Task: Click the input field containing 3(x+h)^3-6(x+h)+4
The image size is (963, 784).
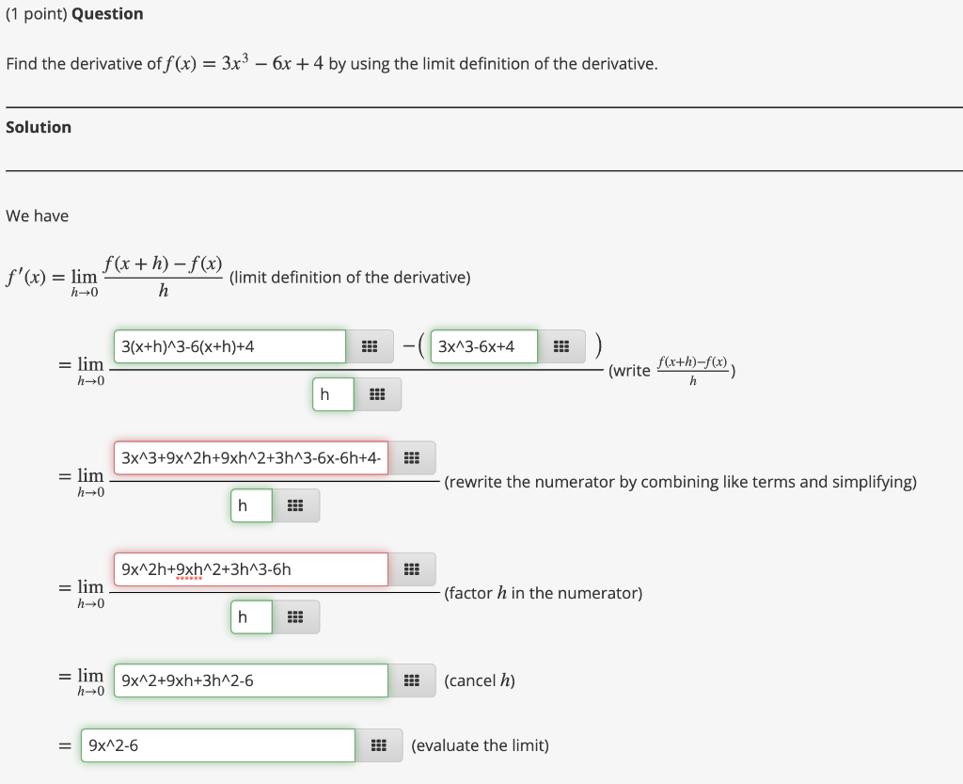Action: pyautogui.click(x=229, y=346)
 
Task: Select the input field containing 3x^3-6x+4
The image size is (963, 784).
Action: pyautogui.click(x=483, y=346)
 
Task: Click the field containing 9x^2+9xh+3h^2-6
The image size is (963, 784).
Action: pyautogui.click(x=250, y=680)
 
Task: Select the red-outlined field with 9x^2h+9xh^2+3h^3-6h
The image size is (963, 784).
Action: pyautogui.click(x=250, y=569)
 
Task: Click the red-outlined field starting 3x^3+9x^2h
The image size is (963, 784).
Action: pyautogui.click(x=250, y=458)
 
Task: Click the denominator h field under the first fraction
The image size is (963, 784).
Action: pyautogui.click(x=333, y=394)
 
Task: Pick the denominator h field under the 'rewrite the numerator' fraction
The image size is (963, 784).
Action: pyautogui.click(x=251, y=505)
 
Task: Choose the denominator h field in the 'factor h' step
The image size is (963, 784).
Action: pyautogui.click(x=251, y=616)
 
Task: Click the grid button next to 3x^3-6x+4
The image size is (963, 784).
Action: pyautogui.click(x=561, y=346)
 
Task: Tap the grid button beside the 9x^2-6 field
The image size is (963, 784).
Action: pyautogui.click(x=379, y=745)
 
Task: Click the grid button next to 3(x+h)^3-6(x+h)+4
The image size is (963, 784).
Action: pyautogui.click(x=370, y=346)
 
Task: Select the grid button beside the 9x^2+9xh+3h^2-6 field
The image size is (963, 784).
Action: pyautogui.click(x=411, y=680)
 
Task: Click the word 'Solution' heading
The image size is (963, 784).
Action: pyautogui.click(x=39, y=127)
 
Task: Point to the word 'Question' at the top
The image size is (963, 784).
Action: pyautogui.click(x=107, y=14)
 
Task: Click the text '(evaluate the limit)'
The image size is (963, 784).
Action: pyautogui.click(x=480, y=745)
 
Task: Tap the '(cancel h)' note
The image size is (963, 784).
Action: pyautogui.click(x=479, y=680)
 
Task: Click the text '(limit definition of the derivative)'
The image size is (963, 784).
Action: pyautogui.click(x=349, y=277)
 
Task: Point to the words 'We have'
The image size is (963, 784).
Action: pyautogui.click(x=37, y=216)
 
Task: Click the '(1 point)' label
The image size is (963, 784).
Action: pyautogui.click(x=36, y=14)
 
